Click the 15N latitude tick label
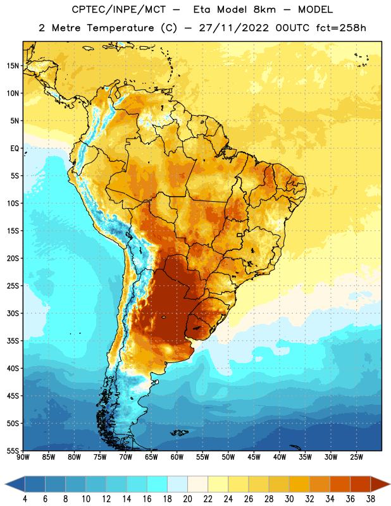[13, 66]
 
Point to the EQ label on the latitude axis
[15, 149]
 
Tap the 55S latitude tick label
[13, 451]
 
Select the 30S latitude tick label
[13, 313]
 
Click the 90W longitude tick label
[23, 457]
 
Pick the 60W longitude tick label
[177, 457]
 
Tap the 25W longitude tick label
[356, 457]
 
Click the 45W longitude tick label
[254, 457]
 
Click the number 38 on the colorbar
[371, 499]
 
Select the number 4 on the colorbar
[25, 499]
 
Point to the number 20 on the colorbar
[187, 499]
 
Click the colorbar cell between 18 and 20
[177, 484]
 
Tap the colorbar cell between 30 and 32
[299, 484]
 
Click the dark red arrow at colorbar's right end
[380, 484]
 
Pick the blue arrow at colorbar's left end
[15, 484]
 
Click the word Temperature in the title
[120, 28]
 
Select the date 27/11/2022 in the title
[233, 28]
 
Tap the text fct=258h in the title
[341, 28]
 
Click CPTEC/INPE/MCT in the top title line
[119, 9]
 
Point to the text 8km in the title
[264, 9]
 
